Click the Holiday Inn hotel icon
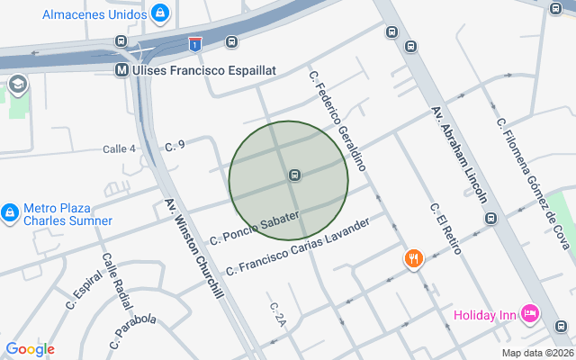530,313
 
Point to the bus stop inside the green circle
294,175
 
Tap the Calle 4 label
119,148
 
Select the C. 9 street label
175,145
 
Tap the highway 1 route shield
194,43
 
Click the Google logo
30,349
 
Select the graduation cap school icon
17,85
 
